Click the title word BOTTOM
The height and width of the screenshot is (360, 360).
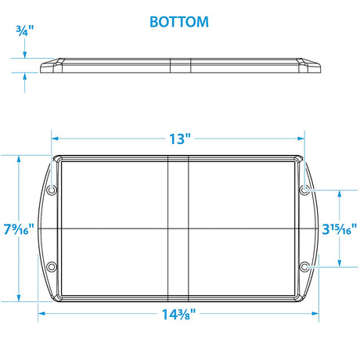(x=179, y=21)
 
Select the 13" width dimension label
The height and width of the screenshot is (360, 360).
(x=179, y=139)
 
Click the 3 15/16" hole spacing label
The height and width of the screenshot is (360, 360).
(x=340, y=229)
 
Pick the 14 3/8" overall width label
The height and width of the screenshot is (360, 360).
(x=179, y=315)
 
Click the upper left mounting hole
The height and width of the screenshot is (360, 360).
(x=52, y=191)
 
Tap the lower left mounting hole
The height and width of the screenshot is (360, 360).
(x=52, y=267)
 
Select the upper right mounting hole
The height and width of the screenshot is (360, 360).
(x=305, y=191)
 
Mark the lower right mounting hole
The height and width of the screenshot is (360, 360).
(x=305, y=267)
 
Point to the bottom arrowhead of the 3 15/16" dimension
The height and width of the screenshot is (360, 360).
(x=340, y=264)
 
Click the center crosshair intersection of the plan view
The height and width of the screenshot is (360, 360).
(x=179, y=229)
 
